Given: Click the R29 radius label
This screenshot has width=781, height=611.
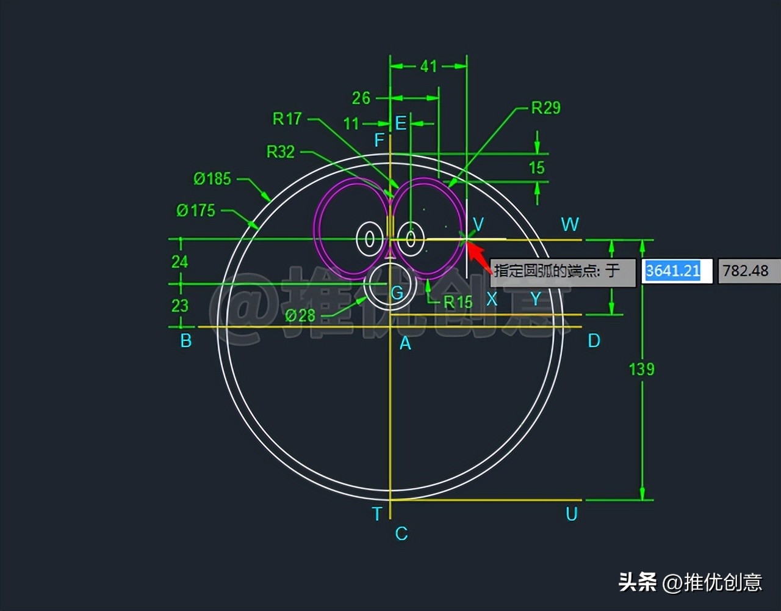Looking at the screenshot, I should click(x=545, y=108).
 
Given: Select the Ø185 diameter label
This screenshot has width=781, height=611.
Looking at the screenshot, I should click(x=212, y=179).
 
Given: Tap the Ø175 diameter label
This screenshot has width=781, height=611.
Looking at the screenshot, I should click(x=196, y=211).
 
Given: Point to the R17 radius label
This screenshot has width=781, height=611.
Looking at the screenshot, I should click(x=287, y=119).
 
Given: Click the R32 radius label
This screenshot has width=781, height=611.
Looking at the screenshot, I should click(x=280, y=152).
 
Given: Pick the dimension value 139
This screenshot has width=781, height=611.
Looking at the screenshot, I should click(x=641, y=369).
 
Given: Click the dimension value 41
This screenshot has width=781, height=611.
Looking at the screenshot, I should click(x=428, y=66).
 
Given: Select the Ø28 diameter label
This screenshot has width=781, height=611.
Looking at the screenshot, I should click(x=300, y=316).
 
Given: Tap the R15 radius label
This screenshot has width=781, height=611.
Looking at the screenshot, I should click(x=458, y=302).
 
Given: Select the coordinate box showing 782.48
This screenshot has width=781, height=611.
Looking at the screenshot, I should click(x=745, y=271).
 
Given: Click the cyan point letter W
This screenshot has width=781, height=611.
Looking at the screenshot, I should click(x=570, y=224).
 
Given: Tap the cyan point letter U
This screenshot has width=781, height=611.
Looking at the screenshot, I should click(x=571, y=514).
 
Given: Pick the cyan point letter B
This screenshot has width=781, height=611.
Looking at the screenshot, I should click(x=186, y=341).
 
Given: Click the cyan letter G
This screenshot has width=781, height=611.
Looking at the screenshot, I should click(x=397, y=293).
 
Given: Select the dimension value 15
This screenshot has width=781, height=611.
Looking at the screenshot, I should click(x=536, y=167).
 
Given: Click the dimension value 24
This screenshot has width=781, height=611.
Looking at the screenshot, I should click(x=179, y=262).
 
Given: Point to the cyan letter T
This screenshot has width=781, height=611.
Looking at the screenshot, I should click(x=377, y=514).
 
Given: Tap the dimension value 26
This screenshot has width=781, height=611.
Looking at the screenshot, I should click(x=361, y=98).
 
